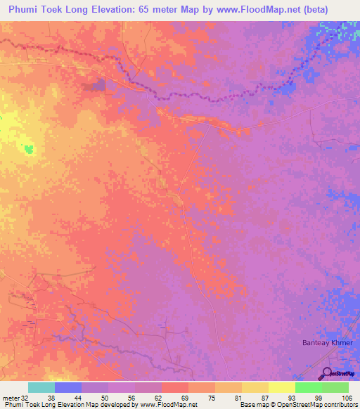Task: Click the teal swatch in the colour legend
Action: pos(41,387)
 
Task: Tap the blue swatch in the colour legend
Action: pos(68,387)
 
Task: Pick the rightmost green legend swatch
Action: pos(335,387)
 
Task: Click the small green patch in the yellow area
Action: pos(28,149)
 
